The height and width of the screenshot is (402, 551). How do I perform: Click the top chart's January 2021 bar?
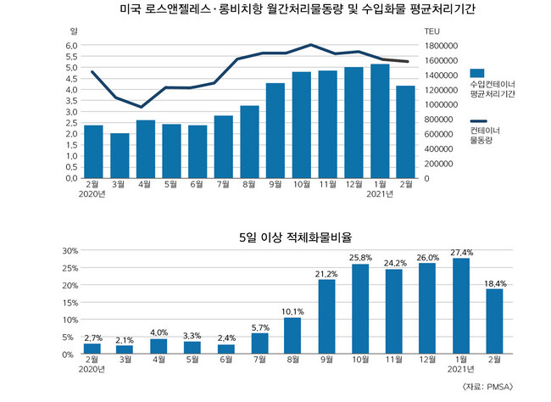[x=380, y=121]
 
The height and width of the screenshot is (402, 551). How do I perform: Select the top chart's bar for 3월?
[x=120, y=156]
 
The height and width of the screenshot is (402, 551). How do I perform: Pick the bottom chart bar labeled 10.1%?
[x=292, y=335]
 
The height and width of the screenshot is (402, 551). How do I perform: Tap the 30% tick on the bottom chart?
[x=70, y=251]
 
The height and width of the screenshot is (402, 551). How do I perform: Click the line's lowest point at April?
[x=145, y=107]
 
